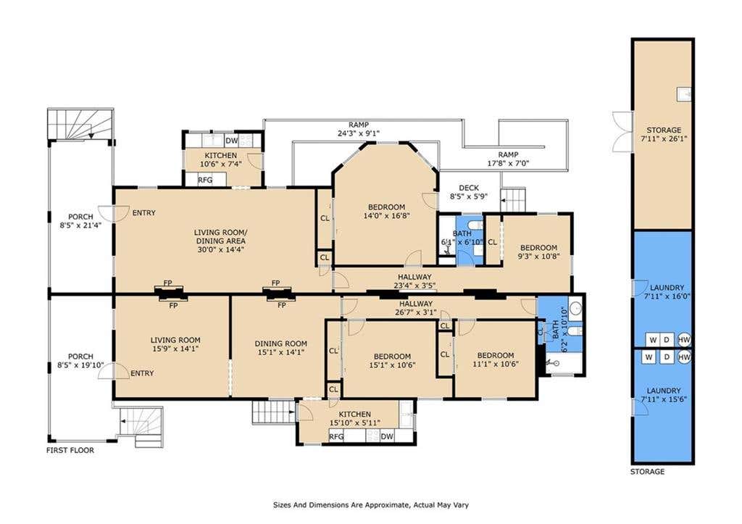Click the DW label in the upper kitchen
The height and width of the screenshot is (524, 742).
pyautogui.click(x=231, y=141)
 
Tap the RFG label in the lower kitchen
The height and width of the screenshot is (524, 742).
pyautogui.click(x=336, y=436)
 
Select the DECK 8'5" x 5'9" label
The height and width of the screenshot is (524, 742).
pyautogui.click(x=469, y=192)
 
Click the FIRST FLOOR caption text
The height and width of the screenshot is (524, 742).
pyautogui.click(x=70, y=450)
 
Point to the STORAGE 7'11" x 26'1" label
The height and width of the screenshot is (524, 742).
pyautogui.click(x=664, y=134)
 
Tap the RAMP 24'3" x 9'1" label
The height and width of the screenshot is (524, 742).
pyautogui.click(x=359, y=129)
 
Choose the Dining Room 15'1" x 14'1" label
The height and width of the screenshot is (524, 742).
pyautogui.click(x=281, y=348)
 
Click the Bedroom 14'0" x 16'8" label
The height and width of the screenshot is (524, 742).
pyautogui.click(x=387, y=211)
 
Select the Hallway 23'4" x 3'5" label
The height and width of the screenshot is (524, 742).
pyautogui.click(x=414, y=281)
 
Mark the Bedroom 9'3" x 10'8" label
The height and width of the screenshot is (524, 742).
pyautogui.click(x=538, y=251)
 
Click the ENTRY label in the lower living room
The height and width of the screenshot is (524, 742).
pyautogui.click(x=142, y=373)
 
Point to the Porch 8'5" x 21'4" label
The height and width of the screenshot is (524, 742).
pyautogui.click(x=80, y=221)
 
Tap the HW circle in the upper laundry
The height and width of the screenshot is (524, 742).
pyautogui.click(x=684, y=339)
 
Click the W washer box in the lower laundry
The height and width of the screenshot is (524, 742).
pyautogui.click(x=649, y=357)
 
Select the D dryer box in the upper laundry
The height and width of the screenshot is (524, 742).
pyautogui.click(x=667, y=339)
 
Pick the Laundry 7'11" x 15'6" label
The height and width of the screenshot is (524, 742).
pyautogui.click(x=664, y=395)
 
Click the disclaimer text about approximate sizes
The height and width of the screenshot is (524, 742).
pyautogui.click(x=371, y=505)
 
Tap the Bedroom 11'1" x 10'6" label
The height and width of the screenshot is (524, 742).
pyautogui.click(x=496, y=359)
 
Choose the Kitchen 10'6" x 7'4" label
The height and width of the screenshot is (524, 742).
pyautogui.click(x=220, y=160)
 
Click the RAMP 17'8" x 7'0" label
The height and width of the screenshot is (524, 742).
pyautogui.click(x=508, y=159)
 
